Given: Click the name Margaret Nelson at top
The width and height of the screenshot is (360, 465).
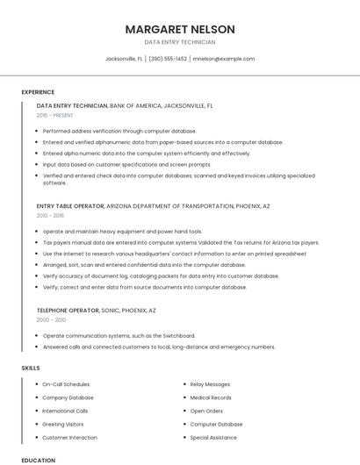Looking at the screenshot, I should (x=180, y=29).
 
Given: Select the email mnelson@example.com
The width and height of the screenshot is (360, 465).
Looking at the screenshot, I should (x=224, y=59).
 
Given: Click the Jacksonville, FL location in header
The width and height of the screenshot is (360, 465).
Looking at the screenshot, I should (x=125, y=59).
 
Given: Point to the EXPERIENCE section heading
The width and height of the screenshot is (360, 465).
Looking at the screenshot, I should (x=38, y=92).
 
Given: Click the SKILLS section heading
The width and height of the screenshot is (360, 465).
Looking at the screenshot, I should (x=31, y=368).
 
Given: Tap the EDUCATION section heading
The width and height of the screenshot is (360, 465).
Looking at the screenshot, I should (x=38, y=460).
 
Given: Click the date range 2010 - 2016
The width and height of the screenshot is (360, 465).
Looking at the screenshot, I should (x=50, y=215).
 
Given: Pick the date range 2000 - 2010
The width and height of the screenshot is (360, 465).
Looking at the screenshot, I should (x=51, y=320).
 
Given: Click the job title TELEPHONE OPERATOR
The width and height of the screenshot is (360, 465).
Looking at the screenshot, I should (x=70, y=311).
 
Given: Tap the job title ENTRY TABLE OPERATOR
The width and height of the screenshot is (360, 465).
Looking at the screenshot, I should (x=70, y=205).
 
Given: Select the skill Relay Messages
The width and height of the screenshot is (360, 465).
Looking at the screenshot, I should (x=210, y=384).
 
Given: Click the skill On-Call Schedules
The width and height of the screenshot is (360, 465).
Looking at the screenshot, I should (x=66, y=384).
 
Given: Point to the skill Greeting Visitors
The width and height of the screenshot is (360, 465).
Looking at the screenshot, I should (x=63, y=424).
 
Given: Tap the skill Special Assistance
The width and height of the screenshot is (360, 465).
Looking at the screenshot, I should (x=213, y=437).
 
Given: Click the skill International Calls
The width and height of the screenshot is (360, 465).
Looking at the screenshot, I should (x=65, y=411).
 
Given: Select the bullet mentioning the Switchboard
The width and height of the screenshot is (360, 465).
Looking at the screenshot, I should (x=119, y=335).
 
